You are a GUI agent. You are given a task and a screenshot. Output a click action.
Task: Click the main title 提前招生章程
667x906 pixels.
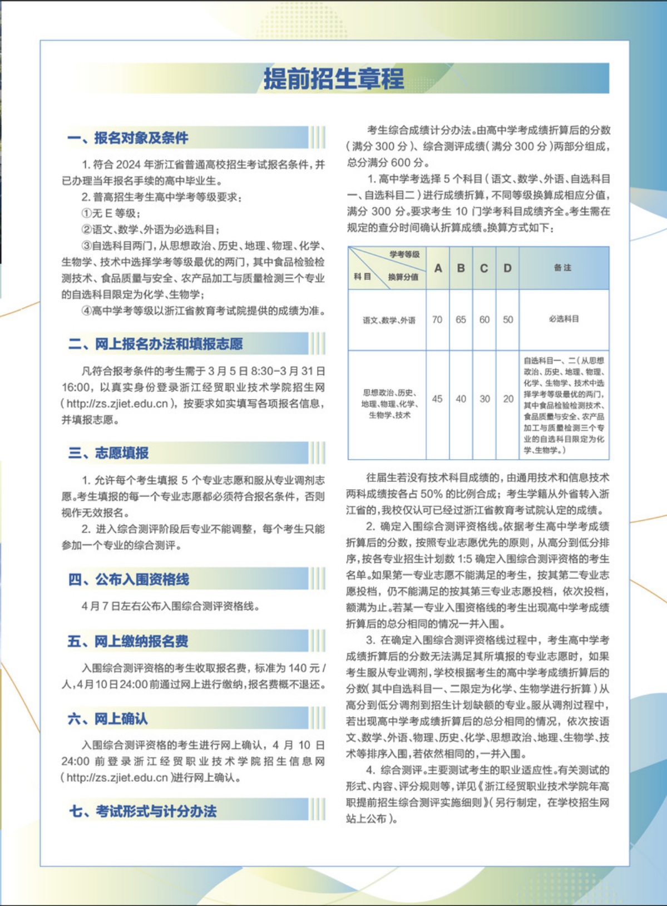[x=334, y=78]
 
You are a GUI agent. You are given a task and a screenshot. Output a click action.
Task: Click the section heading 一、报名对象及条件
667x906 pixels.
[x=128, y=138]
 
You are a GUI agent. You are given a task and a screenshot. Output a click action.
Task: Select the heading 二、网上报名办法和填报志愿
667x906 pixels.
[x=156, y=344]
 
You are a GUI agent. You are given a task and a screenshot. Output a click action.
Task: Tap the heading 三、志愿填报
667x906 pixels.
[x=108, y=453]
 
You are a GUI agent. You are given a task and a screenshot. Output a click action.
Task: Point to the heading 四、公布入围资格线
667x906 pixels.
[x=129, y=579]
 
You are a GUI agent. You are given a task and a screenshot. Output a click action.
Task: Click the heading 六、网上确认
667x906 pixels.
[x=108, y=718]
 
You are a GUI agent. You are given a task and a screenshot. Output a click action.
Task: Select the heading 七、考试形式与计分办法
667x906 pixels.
[x=143, y=811]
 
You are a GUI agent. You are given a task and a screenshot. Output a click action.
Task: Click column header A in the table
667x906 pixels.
[x=438, y=268]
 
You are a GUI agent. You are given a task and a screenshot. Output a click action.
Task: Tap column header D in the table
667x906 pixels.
[x=507, y=268]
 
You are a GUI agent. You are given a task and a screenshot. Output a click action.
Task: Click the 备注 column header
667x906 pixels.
[x=563, y=268]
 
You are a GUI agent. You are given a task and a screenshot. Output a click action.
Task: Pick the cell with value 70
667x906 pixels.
[x=437, y=320]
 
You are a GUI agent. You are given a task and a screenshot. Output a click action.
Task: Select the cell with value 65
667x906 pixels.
[x=461, y=320]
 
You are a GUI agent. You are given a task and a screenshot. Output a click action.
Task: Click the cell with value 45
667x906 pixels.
[x=437, y=399]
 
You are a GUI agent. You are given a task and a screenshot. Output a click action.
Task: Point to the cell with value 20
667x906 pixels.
[x=508, y=399]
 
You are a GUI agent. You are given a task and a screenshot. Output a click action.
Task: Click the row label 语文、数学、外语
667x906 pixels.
[x=388, y=321]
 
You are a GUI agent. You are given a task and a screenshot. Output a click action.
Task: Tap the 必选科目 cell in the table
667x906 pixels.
[x=564, y=319]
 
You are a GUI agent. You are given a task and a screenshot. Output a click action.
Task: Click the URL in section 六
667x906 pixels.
[x=117, y=777]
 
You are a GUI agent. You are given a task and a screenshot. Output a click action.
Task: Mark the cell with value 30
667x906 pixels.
[x=485, y=399]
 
